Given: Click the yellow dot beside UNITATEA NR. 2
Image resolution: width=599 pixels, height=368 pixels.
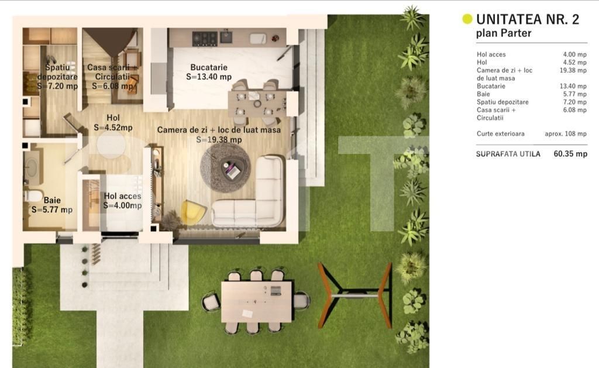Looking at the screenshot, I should click(x=467, y=19).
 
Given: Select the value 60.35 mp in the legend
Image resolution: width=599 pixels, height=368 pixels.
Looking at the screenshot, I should click(x=570, y=154).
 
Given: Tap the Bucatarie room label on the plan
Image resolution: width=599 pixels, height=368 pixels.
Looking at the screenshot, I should click(x=209, y=67).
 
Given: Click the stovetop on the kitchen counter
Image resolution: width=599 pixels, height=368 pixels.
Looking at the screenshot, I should click(x=205, y=38).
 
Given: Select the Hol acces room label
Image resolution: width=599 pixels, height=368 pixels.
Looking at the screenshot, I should click(x=122, y=197).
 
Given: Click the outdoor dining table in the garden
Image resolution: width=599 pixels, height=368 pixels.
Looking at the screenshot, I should click(x=257, y=301).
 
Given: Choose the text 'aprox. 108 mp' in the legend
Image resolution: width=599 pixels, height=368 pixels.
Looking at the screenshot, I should click(x=565, y=134).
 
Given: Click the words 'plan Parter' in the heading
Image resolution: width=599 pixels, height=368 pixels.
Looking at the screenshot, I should click(x=504, y=33).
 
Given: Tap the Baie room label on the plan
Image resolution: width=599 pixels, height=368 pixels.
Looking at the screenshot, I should click(x=52, y=201).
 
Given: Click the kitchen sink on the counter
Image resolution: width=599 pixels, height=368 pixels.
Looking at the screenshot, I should click(x=258, y=38).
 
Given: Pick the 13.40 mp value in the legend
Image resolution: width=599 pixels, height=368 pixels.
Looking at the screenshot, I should click(x=574, y=87).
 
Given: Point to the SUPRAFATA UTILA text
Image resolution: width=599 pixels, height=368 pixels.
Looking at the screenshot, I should click(x=508, y=154).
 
